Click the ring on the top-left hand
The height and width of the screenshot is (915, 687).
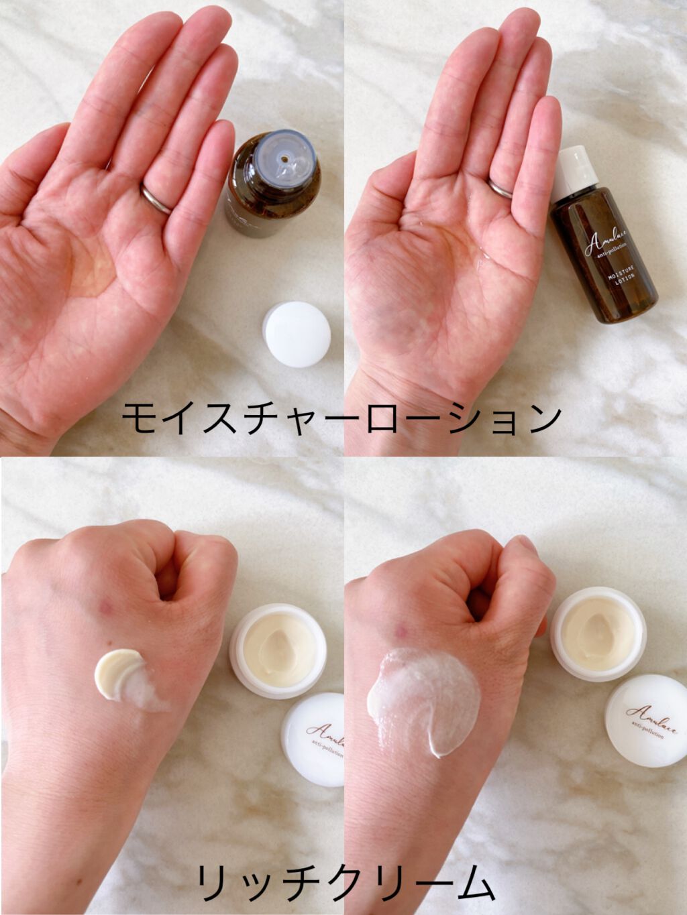click(155, 199)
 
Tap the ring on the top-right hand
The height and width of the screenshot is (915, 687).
click(500, 189)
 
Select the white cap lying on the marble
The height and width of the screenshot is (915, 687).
click(297, 334)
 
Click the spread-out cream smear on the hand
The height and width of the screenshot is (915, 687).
click(423, 697)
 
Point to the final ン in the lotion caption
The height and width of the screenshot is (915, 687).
click(541, 418)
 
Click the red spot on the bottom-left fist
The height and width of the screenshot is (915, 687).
click(106, 608)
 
